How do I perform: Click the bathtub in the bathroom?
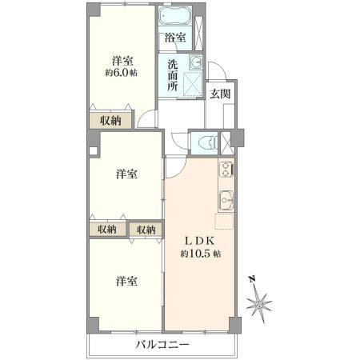click(x=175, y=15)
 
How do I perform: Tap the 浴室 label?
click(x=175, y=38)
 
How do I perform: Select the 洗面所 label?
click(x=173, y=75)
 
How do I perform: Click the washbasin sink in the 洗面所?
click(x=196, y=62)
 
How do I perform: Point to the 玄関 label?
click(x=220, y=94)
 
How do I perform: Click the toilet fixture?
click(x=209, y=144)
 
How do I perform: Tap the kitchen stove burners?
click(x=226, y=169)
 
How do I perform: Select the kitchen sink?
click(x=226, y=201)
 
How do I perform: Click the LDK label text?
click(x=200, y=241)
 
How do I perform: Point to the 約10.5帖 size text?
click(x=201, y=254)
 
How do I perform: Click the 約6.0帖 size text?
click(x=122, y=73)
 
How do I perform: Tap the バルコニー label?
click(x=162, y=345)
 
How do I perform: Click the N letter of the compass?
click(x=252, y=279)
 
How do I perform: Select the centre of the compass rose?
click(x=259, y=304)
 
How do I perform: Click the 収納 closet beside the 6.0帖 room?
click(x=110, y=121)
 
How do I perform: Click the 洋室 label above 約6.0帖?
click(x=122, y=61)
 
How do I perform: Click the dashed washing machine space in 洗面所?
click(x=192, y=84)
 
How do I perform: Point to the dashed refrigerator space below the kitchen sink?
click(x=225, y=221)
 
